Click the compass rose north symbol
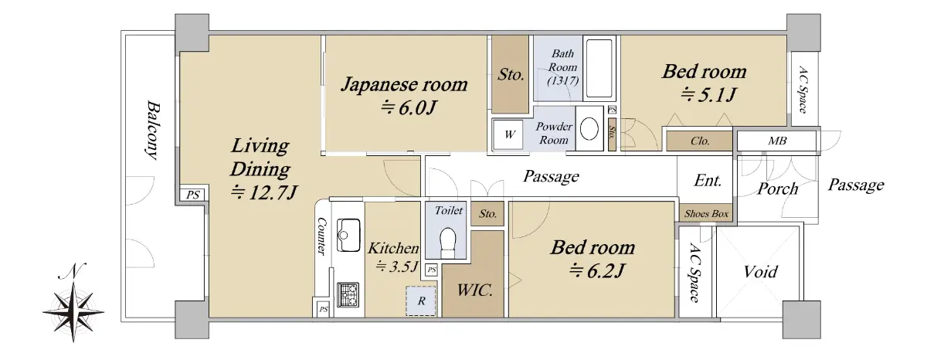[73, 303]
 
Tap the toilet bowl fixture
[447, 243]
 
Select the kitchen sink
[348, 235]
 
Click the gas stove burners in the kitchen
[348, 294]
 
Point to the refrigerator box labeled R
[421, 301]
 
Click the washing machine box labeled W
[508, 134]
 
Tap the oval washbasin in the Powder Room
[589, 128]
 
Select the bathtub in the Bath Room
[599, 68]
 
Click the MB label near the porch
[777, 141]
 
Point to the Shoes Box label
[706, 213]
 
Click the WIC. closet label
[474, 290]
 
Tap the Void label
[760, 272]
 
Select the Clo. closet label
[700, 141]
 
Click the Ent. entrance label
[708, 181]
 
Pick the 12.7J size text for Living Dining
[264, 192]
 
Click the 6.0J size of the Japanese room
[408, 107]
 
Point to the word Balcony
[153, 130]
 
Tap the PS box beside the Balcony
[192, 195]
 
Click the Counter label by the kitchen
[321, 236]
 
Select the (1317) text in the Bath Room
[563, 80]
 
